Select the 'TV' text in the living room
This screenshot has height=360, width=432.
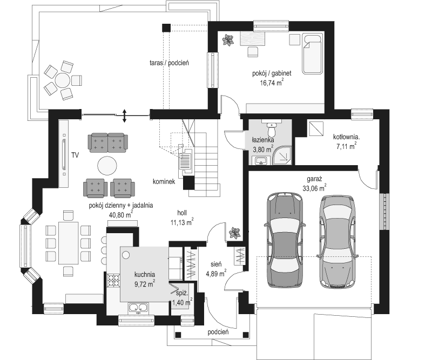pos(75,155)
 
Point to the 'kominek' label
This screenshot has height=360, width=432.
pos(164,182)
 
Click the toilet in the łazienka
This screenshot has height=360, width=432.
pos(272,129)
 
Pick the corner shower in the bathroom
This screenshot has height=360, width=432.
pos(281,156)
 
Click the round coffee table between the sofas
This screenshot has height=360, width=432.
pos(107,166)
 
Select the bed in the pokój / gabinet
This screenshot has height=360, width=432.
pos(313,54)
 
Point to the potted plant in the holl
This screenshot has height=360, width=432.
pos(235,233)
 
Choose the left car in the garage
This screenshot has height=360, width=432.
pos(285,240)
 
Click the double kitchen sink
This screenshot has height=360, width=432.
pos(138,308)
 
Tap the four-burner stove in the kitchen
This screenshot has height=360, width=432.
pos(113,281)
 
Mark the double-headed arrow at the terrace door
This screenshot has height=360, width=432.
pos(124,116)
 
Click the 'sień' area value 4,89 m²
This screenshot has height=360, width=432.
pos(216,274)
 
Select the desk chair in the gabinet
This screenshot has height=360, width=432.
pos(253,51)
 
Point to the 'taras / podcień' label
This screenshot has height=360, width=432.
pos(169,63)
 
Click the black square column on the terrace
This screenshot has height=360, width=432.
pos(166,28)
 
